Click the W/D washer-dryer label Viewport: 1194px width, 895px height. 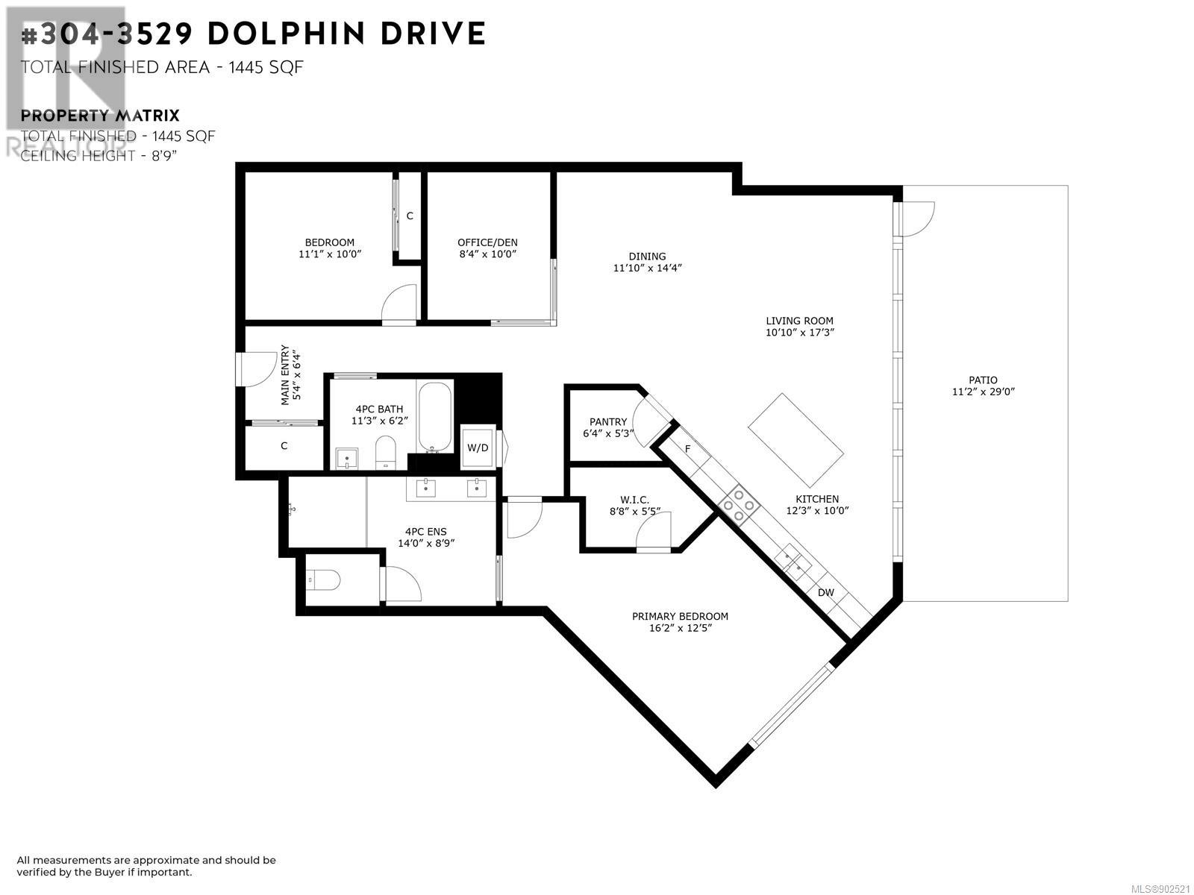478,447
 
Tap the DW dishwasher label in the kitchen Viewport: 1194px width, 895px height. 826,592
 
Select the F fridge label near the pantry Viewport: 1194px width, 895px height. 687,449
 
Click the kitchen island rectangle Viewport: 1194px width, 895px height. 796,439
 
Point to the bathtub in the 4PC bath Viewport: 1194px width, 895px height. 434,417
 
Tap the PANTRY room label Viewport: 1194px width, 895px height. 608,421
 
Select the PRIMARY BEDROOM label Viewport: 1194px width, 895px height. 680,616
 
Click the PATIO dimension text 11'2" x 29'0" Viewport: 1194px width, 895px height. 984,392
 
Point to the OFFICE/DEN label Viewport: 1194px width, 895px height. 487,242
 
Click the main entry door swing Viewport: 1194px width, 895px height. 257,369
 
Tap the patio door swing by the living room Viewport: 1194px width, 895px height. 916,219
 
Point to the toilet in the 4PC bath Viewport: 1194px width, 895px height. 386,452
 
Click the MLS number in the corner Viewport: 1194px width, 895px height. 1161,889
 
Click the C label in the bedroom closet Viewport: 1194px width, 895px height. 410,216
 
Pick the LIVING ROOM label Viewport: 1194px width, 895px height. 800,321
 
